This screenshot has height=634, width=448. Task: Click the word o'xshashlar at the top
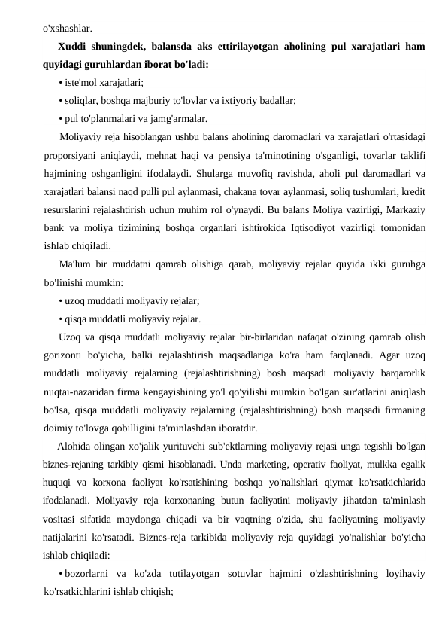pos(67,29)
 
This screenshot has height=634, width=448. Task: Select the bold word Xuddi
pos(74,47)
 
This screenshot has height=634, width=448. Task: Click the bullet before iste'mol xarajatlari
pos(60,82)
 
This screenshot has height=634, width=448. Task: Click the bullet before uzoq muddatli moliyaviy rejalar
pos(60,300)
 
